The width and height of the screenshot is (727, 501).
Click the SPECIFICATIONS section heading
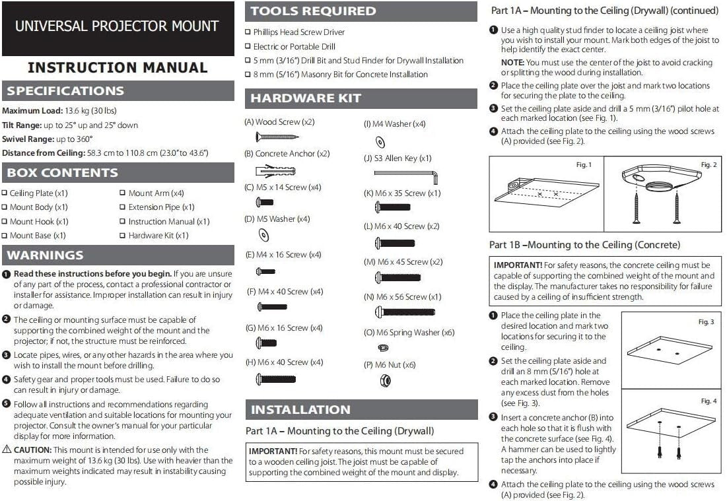65,91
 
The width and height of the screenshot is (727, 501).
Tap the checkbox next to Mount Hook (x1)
5,222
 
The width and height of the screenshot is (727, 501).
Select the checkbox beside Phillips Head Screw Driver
248,32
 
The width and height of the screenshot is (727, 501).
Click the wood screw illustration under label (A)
277,137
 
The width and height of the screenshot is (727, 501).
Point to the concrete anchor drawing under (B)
275,171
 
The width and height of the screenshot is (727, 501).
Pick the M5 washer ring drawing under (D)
263,234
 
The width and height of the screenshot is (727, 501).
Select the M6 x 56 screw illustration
405,312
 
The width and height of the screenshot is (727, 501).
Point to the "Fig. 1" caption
584,165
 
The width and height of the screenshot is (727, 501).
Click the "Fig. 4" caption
708,401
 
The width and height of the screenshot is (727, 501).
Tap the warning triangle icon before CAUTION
6,450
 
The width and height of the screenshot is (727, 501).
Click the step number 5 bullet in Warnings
6,404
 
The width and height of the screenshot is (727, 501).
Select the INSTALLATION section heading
300,410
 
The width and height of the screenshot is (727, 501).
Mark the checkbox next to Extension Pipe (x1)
123,207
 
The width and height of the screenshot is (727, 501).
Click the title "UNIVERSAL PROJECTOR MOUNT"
117,26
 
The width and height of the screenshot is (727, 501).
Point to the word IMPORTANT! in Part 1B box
518,265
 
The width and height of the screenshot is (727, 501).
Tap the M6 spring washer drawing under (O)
383,347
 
